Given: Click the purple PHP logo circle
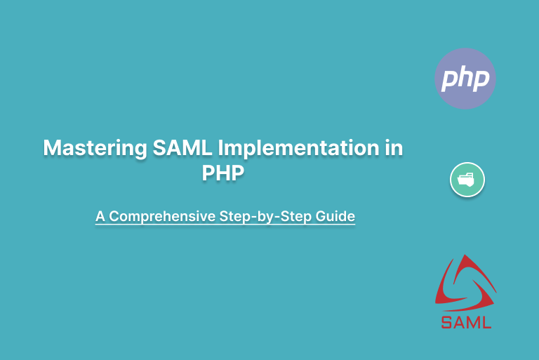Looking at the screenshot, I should [465, 78].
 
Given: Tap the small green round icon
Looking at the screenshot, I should [467, 180].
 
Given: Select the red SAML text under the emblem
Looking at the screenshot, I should [467, 323].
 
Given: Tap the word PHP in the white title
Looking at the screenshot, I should [223, 173].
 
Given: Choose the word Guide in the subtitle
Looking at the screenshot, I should [336, 216].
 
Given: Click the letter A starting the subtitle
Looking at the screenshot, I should [100, 216].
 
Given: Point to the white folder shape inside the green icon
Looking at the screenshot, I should [467, 180].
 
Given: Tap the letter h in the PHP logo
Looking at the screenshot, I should [465, 76].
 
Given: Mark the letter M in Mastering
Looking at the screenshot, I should [52, 149].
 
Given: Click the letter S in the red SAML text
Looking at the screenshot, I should [446, 323].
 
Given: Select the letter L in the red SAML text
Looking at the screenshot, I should [486, 323].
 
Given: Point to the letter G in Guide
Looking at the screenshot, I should [322, 216].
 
